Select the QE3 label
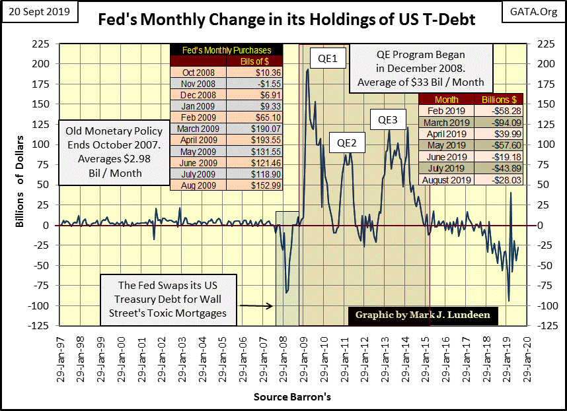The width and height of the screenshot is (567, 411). (x=388, y=120)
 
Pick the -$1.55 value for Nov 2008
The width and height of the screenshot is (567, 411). (x=254, y=83)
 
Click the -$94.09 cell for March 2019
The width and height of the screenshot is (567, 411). (x=494, y=123)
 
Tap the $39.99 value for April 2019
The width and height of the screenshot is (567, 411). (x=494, y=135)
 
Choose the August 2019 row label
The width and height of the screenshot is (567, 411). (x=447, y=180)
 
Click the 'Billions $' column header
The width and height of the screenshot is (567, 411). (x=494, y=99)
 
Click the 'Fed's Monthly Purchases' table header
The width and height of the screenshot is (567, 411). (x=225, y=50)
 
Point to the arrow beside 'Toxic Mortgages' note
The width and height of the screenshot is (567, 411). (x=258, y=306)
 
